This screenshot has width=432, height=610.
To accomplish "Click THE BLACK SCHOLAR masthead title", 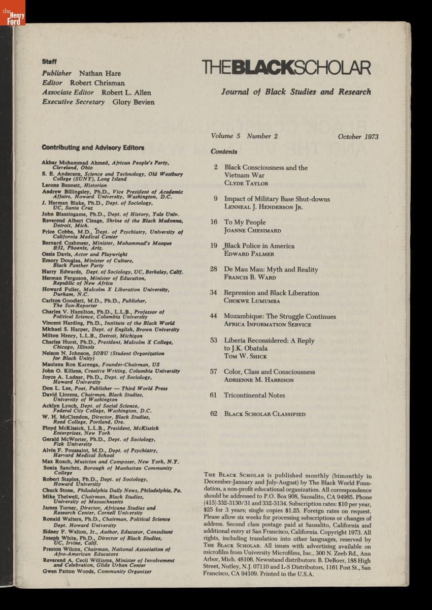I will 286,68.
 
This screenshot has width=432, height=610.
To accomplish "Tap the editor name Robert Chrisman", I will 97,83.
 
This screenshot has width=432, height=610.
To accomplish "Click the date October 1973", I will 357,137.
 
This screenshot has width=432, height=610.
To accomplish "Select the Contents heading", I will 224,151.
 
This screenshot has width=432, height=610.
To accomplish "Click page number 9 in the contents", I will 216,199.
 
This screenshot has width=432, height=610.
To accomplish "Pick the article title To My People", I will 245,222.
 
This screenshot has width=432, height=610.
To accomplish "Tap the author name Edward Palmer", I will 249,254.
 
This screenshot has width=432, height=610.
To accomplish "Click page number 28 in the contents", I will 214,269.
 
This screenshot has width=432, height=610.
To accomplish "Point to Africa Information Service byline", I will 268,324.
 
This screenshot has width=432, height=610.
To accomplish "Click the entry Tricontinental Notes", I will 254,395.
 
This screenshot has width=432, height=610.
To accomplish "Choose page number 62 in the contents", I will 214,414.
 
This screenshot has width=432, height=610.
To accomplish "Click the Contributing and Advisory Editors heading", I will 93,148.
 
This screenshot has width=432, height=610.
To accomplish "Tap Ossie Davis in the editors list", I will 56,254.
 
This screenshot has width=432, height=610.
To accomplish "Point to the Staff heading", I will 49,62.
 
